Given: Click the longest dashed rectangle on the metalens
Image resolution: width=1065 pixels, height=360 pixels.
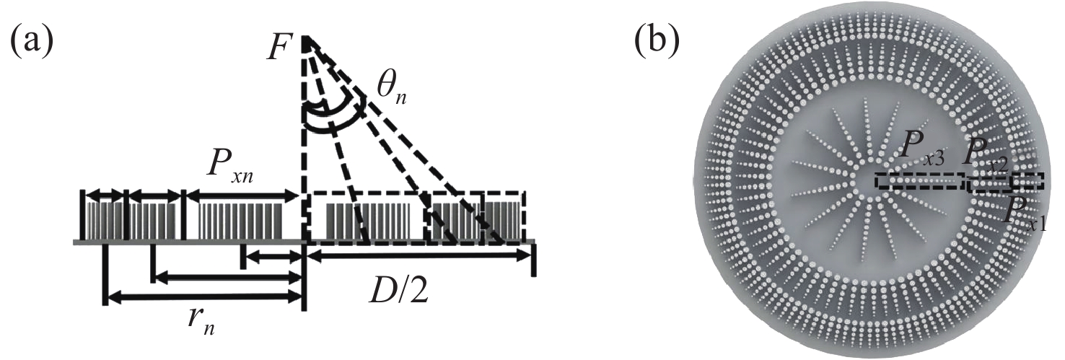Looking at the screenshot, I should (920, 180).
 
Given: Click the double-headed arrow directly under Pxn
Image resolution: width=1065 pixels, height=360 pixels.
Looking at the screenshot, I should (242, 194).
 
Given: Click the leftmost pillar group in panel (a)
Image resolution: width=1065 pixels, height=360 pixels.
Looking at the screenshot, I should (103, 217).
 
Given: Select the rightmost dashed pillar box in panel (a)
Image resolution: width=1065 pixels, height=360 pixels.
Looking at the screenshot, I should (504, 216).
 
